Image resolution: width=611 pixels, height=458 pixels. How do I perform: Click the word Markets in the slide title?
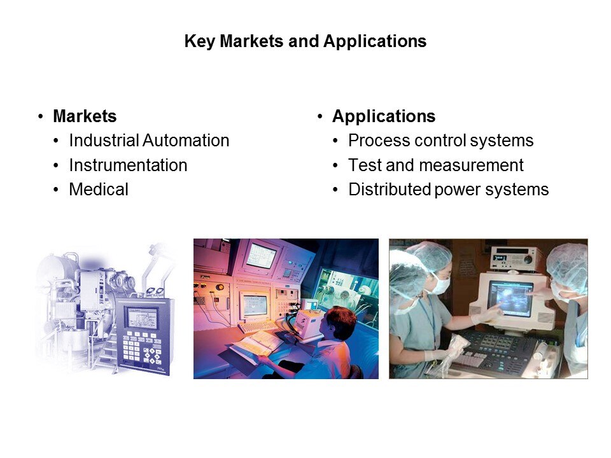251,41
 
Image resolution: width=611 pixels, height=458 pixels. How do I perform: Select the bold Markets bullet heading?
85,116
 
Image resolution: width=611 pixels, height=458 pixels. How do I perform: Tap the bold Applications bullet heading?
384,116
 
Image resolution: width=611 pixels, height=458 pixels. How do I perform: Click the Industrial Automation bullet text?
149,140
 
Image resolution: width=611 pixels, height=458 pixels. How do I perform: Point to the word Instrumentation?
128,165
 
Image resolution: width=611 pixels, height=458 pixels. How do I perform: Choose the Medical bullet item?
99,190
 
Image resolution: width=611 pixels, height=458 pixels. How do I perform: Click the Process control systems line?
440,141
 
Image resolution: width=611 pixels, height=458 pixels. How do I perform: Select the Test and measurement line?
436,165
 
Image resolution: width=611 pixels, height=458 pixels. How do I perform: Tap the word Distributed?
390,190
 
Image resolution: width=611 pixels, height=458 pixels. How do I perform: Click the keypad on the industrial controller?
141,348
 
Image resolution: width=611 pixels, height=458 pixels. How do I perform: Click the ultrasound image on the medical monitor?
510,298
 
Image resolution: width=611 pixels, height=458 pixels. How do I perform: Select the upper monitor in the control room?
261,255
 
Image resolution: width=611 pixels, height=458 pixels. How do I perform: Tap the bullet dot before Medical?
57,190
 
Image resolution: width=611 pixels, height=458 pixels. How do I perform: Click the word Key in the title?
199,41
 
